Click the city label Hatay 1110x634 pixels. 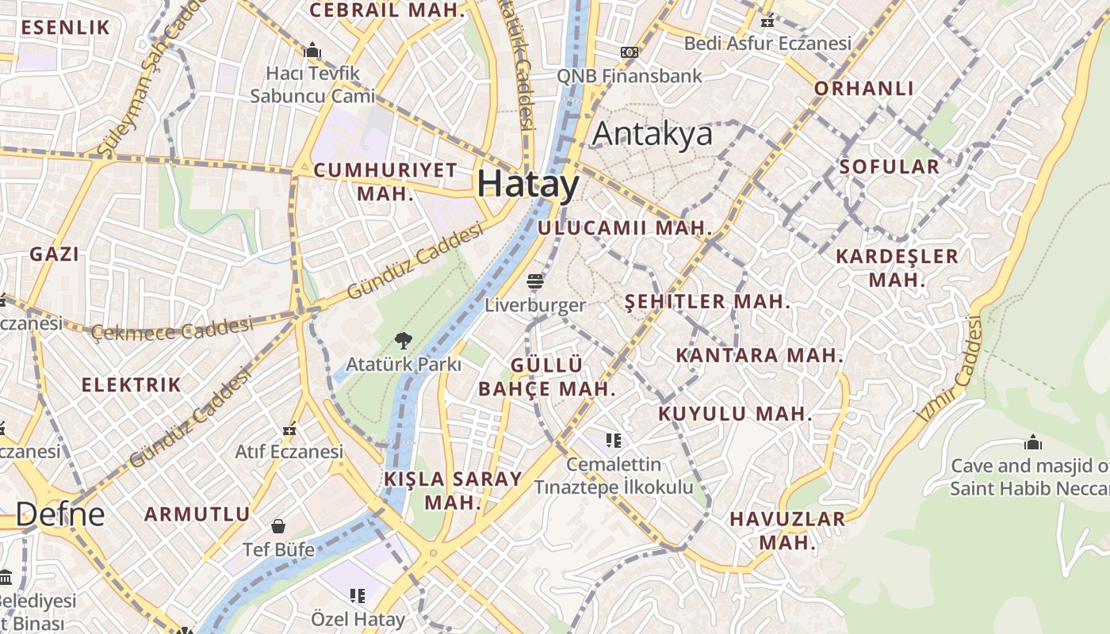(x=529, y=184)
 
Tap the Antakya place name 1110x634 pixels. (x=652, y=134)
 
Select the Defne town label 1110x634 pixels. (x=60, y=514)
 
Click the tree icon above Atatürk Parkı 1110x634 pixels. (x=403, y=341)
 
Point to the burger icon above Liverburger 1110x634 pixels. (x=535, y=281)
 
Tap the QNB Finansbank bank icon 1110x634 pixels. (x=630, y=52)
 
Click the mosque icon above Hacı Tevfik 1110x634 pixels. (x=312, y=50)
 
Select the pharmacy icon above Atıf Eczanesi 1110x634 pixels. (x=289, y=429)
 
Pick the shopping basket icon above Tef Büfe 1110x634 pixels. (x=278, y=526)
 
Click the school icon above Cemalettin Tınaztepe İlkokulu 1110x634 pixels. (x=613, y=440)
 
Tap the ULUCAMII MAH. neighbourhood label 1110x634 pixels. (x=625, y=228)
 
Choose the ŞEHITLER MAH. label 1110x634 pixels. (x=707, y=301)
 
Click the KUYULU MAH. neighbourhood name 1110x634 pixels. (x=735, y=414)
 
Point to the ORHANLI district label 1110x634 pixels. (x=864, y=88)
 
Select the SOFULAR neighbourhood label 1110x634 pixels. (x=889, y=166)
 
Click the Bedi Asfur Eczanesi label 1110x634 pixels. (x=767, y=43)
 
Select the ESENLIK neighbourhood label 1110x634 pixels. (x=65, y=28)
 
